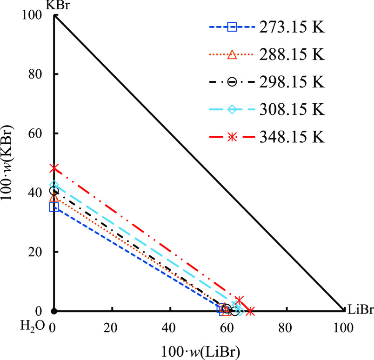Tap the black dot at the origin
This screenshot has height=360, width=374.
[54, 311]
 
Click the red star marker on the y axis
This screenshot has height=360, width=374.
[54, 168]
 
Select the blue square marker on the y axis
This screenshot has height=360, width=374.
[54, 207]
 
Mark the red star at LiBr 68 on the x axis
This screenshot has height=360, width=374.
[250, 311]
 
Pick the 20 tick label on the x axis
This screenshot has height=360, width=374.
[111, 328]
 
